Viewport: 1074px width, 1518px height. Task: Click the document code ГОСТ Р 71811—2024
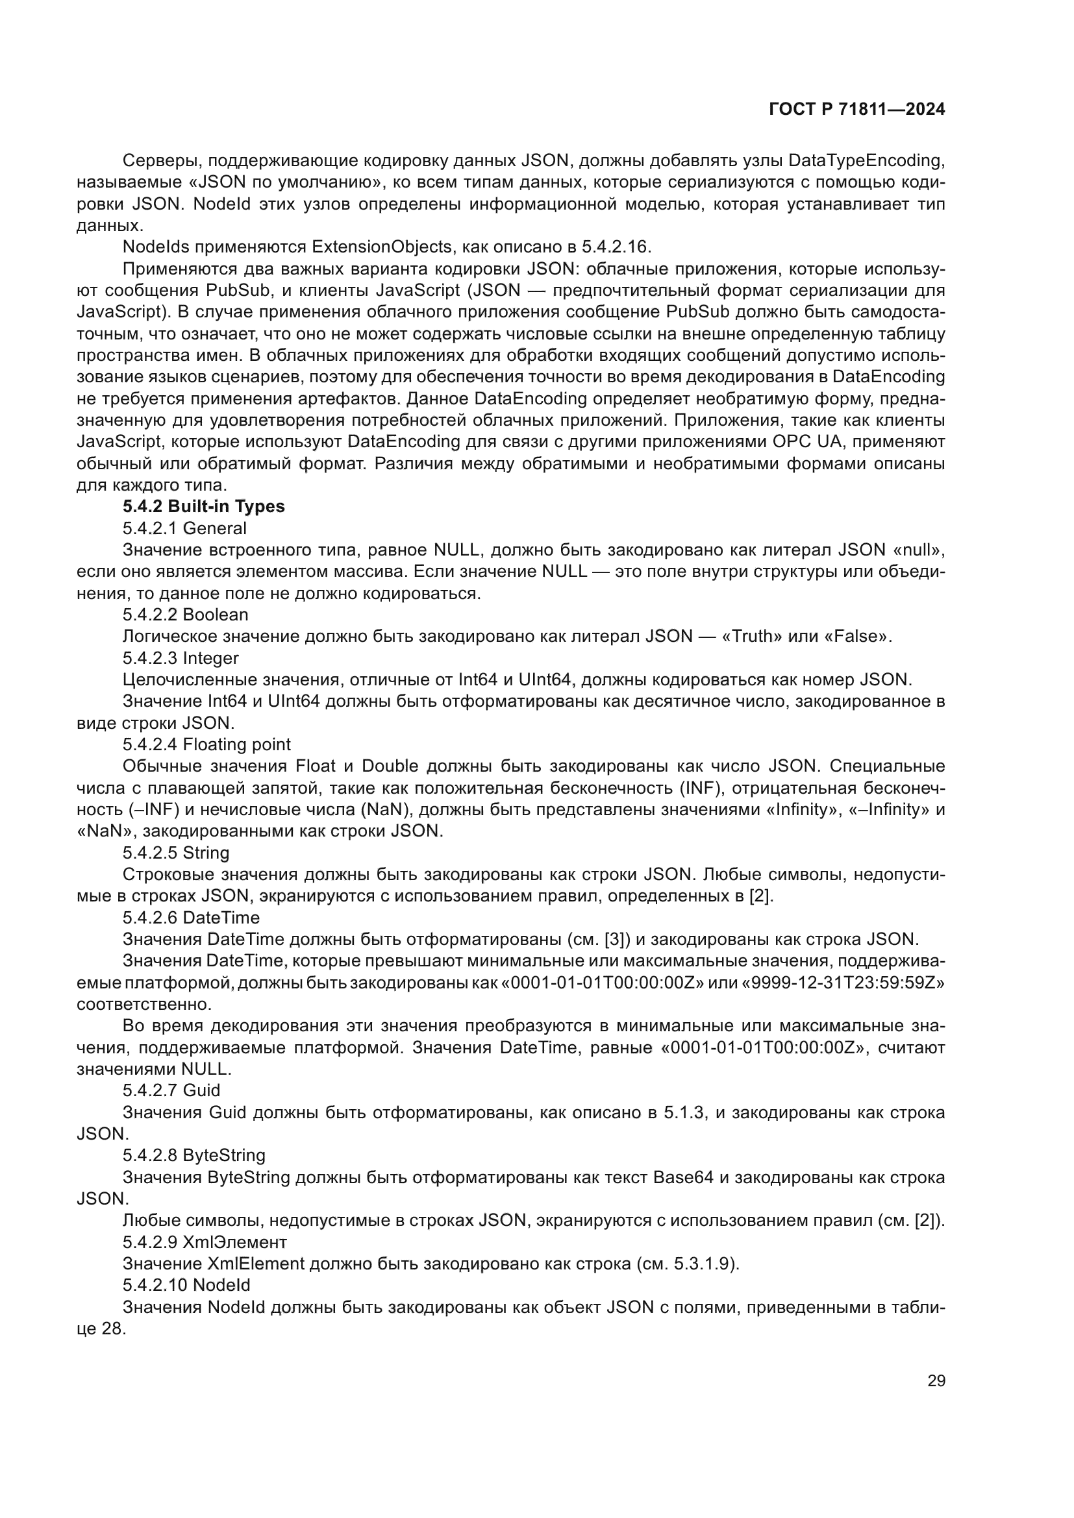point(857,110)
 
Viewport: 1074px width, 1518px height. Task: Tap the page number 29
point(936,1381)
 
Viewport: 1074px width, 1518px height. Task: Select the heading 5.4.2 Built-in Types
point(204,506)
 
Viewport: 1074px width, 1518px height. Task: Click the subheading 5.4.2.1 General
point(184,528)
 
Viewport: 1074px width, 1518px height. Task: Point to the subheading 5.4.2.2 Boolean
point(185,615)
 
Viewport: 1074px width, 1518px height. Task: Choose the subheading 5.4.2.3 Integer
point(181,658)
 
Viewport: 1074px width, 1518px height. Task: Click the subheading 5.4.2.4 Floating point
point(206,744)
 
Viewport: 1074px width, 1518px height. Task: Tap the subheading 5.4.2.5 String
point(176,853)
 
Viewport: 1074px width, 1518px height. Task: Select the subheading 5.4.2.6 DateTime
point(191,918)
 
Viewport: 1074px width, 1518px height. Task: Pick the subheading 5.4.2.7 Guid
point(171,1090)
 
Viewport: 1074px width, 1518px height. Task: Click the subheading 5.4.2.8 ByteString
point(194,1155)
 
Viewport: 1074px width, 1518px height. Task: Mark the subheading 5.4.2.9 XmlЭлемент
point(205,1242)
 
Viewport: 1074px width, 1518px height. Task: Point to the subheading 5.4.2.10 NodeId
point(186,1284)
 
